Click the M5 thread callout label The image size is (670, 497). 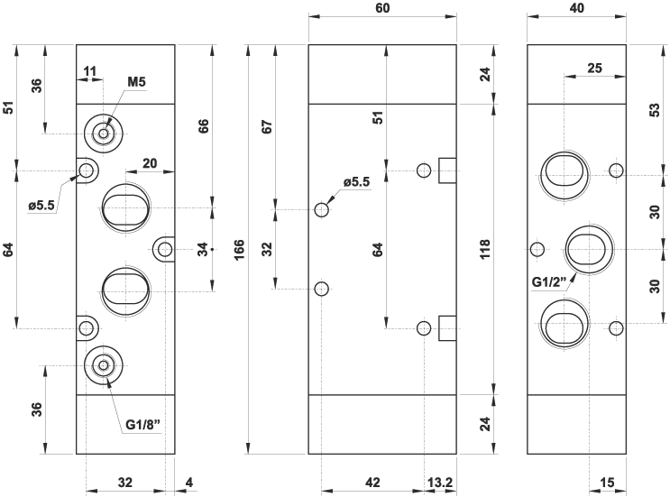tap(137, 81)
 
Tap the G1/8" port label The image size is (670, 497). tap(143, 424)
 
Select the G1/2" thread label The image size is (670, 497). tap(549, 282)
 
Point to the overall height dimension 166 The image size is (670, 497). tap(239, 249)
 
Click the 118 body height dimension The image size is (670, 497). tap(484, 249)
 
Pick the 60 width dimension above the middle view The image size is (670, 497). tap(382, 8)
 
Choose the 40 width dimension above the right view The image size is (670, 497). tap(577, 8)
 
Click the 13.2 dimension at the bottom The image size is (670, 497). tap(440, 483)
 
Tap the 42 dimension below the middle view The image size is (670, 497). tap(372, 483)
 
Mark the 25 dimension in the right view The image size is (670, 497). tap(594, 68)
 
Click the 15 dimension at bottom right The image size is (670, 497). tap(607, 483)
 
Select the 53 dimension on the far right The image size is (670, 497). tap(655, 110)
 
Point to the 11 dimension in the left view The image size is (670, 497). tap(89, 71)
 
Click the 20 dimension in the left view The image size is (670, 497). tap(150, 163)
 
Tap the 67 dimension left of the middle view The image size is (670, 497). tap(267, 127)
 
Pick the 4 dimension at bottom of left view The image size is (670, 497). tap(189, 483)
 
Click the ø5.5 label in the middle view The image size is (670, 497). tap(356, 182)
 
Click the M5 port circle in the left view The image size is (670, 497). tap(104, 133)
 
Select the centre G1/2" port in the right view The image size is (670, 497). tap(589, 250)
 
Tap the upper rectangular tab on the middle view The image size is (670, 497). tap(447, 170)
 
